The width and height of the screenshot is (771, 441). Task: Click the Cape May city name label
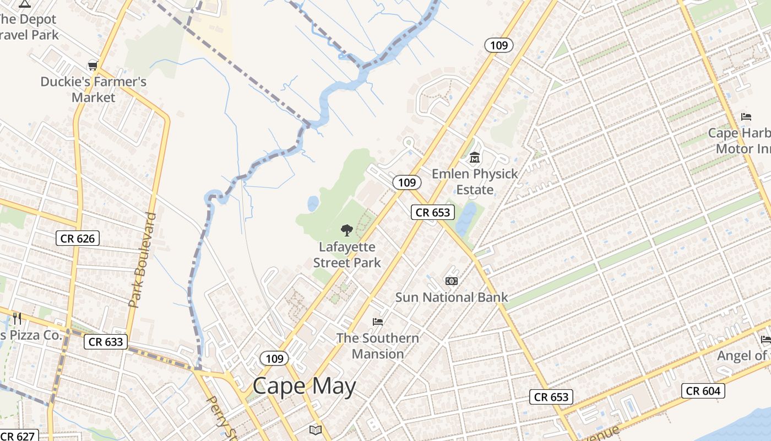(305, 386)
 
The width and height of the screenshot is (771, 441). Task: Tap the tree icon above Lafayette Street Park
(346, 230)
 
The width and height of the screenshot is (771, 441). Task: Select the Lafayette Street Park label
(347, 255)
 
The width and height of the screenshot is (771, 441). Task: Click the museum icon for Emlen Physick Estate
(474, 158)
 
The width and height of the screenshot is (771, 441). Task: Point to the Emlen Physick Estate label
(475, 181)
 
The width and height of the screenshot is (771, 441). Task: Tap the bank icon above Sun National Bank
(452, 281)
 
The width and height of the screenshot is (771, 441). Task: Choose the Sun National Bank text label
(452, 297)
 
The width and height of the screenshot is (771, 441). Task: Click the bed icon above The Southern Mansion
(378, 321)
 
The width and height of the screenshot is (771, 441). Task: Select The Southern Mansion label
(378, 346)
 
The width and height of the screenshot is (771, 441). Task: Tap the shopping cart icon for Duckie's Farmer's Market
(93, 66)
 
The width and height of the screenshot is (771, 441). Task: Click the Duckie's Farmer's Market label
(94, 89)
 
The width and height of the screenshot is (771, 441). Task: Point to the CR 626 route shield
(78, 239)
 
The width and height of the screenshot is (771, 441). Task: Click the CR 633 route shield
(106, 342)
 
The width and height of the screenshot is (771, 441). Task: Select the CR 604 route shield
(703, 391)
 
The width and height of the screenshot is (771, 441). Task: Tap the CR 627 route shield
(19, 436)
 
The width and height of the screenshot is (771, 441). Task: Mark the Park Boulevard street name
(143, 260)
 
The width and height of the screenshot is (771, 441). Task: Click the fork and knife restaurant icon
(17, 318)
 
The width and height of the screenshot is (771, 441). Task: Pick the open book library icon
(315, 429)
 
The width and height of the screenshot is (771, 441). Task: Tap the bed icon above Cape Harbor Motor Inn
(746, 117)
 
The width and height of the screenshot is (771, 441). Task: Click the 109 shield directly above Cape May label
(274, 359)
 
